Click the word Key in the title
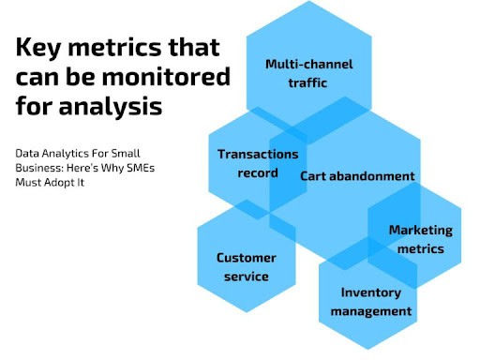(38, 48)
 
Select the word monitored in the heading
(166, 77)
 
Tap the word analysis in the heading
(111, 106)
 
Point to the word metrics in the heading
(115, 47)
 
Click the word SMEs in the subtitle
(141, 168)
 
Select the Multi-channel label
(309, 64)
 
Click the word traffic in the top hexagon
(307, 82)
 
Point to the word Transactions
(258, 154)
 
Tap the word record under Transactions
(258, 172)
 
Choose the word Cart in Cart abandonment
(313, 176)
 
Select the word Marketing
(421, 231)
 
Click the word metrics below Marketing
(421, 249)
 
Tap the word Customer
(247, 258)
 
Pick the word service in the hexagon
(247, 277)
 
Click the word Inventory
(371, 292)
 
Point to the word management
(371, 311)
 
